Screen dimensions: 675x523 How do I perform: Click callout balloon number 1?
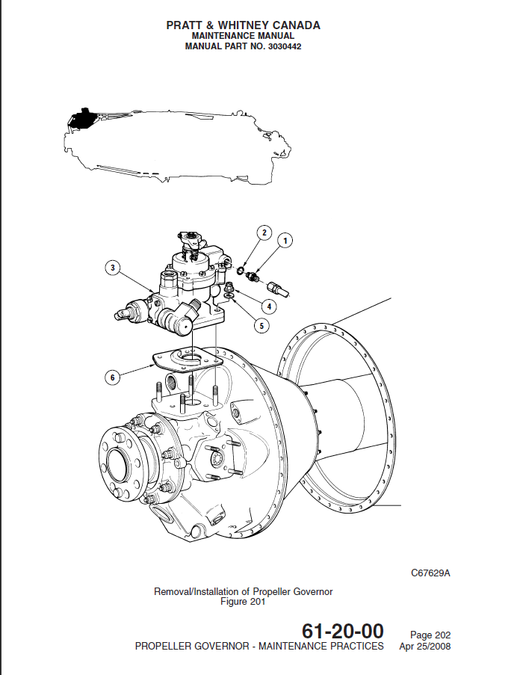click(x=285, y=240)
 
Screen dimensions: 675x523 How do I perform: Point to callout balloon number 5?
click(x=261, y=325)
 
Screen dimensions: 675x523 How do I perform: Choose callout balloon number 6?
click(x=113, y=377)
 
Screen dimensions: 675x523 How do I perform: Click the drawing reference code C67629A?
click(x=430, y=574)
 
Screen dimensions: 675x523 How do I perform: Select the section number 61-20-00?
click(x=342, y=632)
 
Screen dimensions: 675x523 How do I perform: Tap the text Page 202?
click(x=430, y=635)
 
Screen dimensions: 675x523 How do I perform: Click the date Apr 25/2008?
click(x=425, y=647)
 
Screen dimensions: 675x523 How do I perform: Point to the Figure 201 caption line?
click(x=243, y=602)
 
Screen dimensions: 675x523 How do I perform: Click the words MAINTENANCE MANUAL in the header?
click(x=243, y=36)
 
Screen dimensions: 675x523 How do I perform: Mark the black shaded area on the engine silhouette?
click(x=79, y=117)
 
